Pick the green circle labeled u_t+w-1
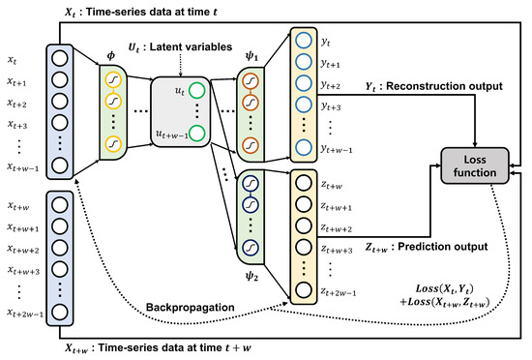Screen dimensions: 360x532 pos(196,134)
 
